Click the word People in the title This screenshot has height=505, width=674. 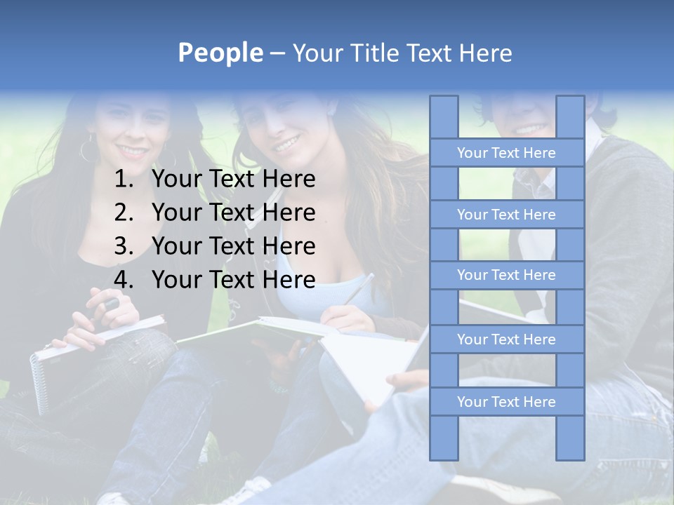tap(220, 53)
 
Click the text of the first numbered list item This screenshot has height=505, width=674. tap(233, 180)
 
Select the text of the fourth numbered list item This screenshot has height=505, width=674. tap(233, 280)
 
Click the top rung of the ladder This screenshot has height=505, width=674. tap(506, 153)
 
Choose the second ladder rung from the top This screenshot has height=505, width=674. tap(506, 215)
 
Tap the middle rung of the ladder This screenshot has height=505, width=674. tap(506, 275)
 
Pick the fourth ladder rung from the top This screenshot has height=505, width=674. tap(506, 339)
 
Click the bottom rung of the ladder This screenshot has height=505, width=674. tap(506, 402)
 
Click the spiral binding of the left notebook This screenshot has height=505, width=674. tap(39, 382)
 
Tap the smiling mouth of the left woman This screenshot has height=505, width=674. tap(133, 150)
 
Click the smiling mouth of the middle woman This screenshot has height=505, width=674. tap(286, 144)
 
